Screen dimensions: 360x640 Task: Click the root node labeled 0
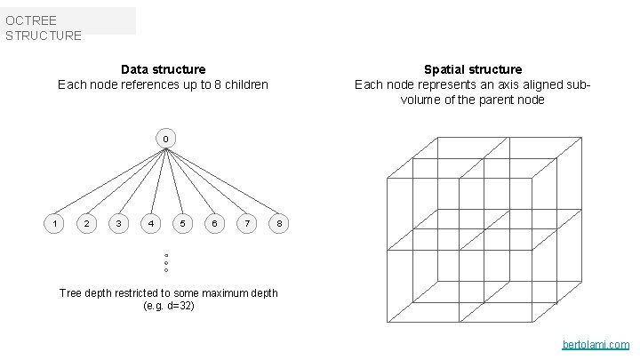(x=165, y=139)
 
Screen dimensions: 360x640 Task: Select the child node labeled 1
(x=54, y=223)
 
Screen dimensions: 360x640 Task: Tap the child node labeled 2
(x=86, y=223)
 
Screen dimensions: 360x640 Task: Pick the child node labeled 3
(x=118, y=223)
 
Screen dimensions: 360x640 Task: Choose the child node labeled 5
(x=182, y=223)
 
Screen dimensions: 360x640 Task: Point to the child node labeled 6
(x=214, y=223)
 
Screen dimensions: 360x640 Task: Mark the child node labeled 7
(x=246, y=223)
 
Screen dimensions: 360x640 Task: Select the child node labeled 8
(x=279, y=223)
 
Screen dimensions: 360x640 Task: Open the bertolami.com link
(x=596, y=344)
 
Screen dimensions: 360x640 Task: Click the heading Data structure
(x=163, y=69)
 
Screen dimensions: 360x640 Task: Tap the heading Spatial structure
(x=473, y=69)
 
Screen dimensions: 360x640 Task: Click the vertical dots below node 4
(x=166, y=263)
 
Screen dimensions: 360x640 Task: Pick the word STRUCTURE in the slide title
(x=43, y=36)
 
